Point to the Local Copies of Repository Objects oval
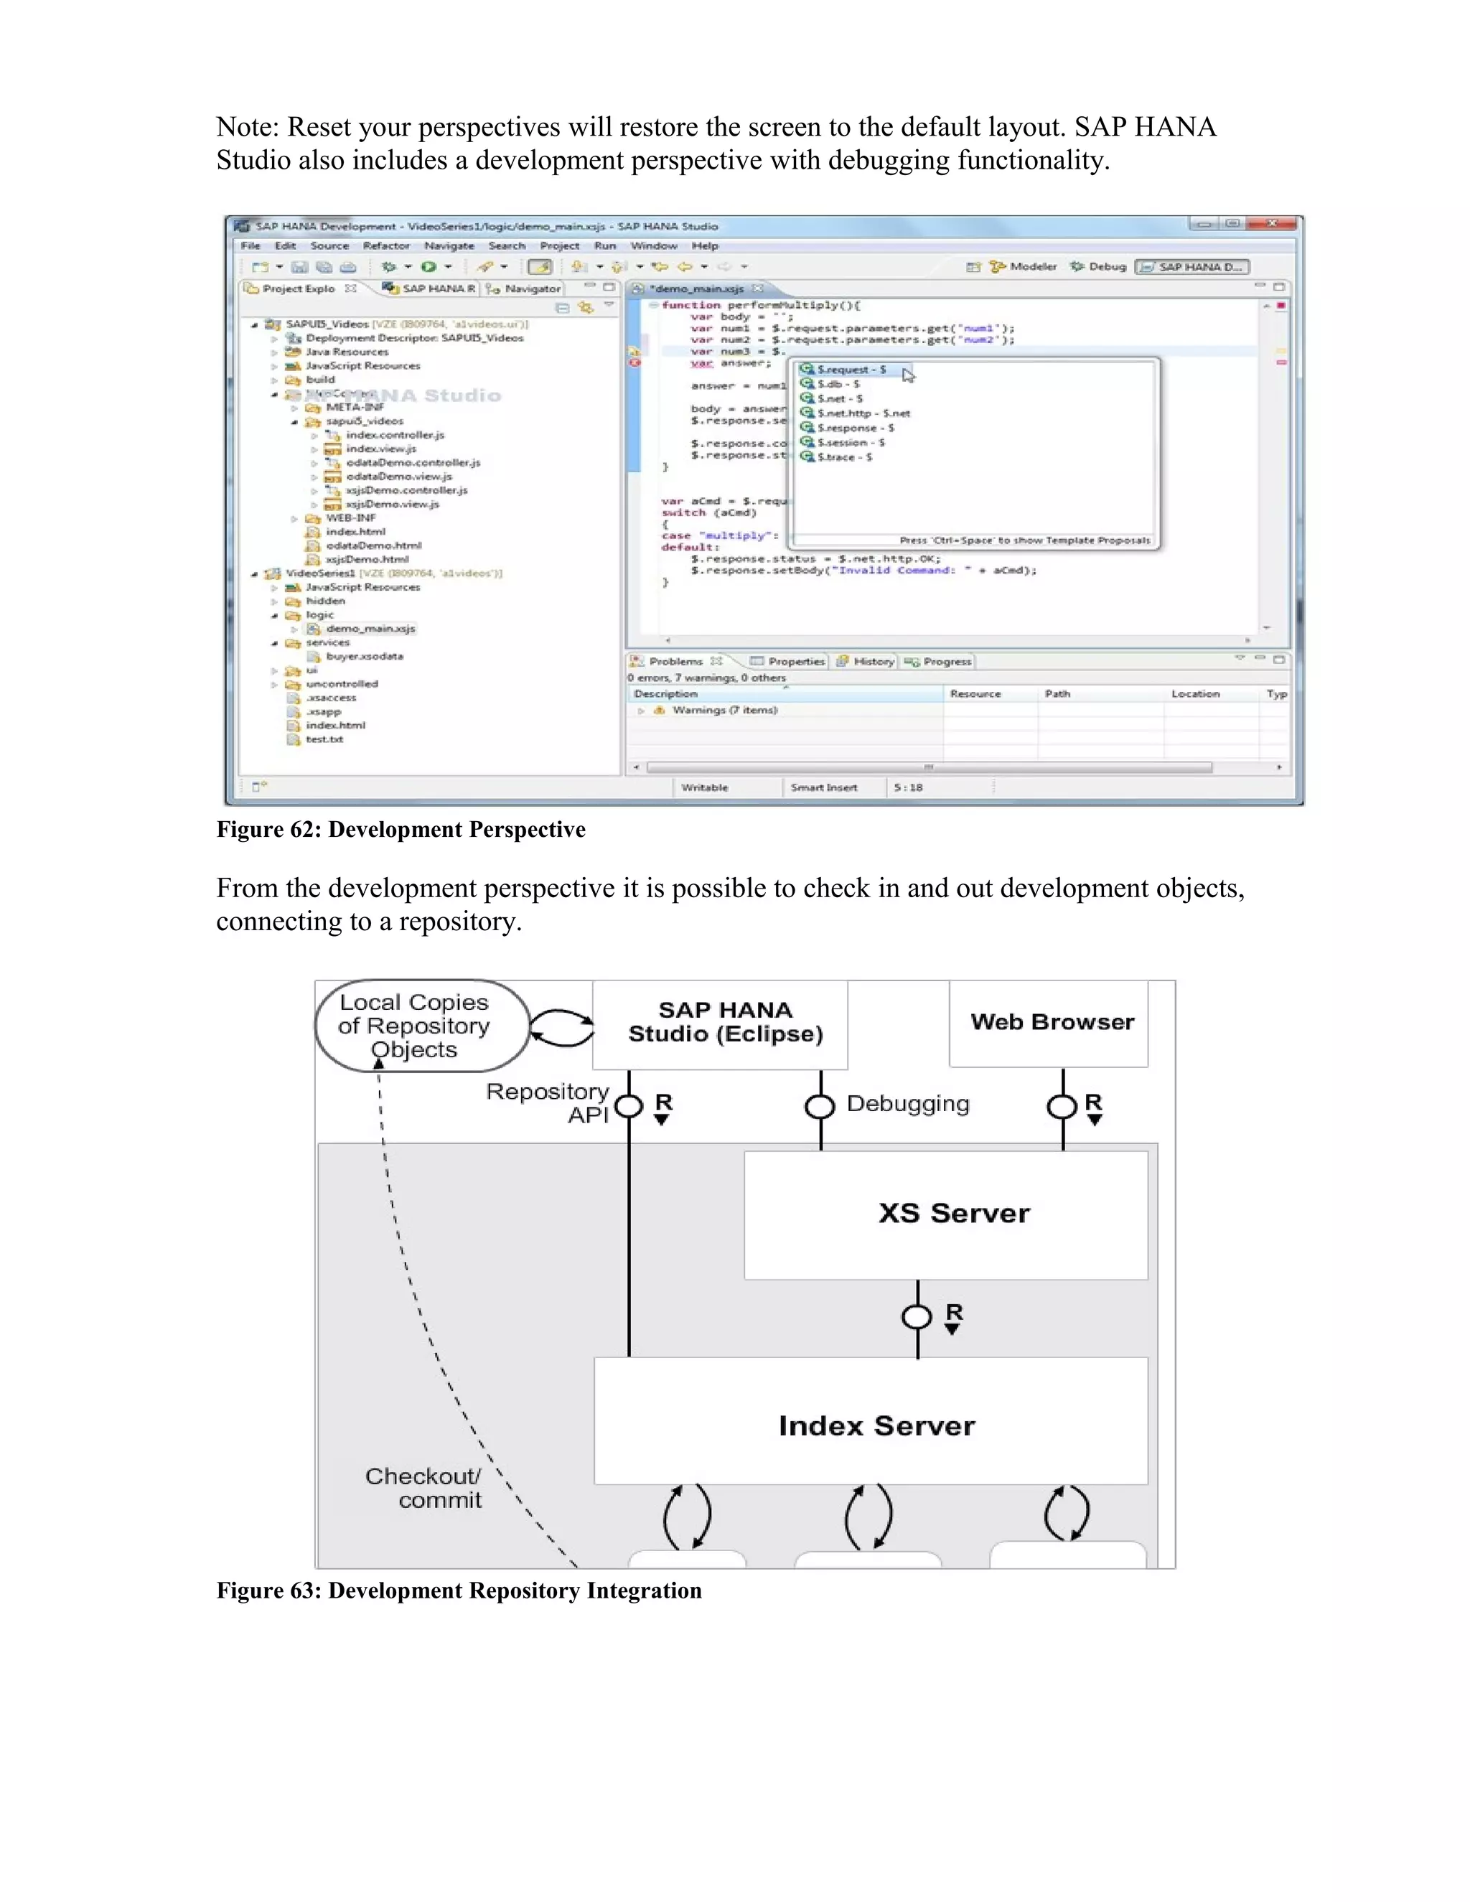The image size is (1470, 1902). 418,1026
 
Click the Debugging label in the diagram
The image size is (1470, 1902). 907,1105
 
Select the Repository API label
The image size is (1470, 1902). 548,1103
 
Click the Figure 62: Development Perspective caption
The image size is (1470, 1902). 401,830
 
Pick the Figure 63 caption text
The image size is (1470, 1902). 459,1591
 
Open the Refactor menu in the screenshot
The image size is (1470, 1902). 385,246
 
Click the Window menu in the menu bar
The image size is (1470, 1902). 653,246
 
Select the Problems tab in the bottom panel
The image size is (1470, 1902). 675,662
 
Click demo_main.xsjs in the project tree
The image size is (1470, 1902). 370,629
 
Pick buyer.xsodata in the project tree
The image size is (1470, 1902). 364,657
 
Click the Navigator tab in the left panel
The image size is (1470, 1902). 531,289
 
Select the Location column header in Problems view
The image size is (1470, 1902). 1195,694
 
